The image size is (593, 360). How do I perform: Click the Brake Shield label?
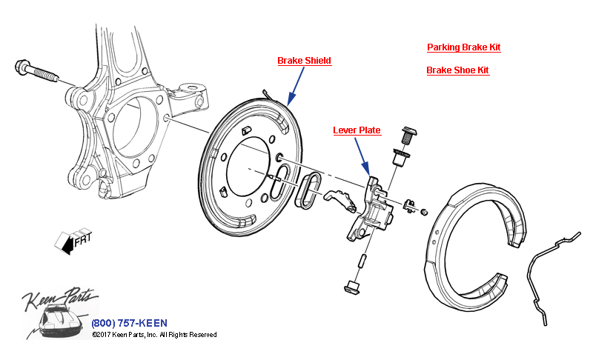coord(304,61)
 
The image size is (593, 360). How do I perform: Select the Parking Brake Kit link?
coord(463,47)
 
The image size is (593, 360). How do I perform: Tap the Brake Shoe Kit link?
coord(457,70)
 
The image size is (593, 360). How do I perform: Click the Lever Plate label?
coord(357,130)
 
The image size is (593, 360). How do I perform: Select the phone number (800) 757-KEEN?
coord(129,323)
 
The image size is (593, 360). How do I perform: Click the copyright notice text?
coord(154,335)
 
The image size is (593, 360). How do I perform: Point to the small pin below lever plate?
coord(362,261)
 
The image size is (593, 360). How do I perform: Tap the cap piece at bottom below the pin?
coord(351,286)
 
